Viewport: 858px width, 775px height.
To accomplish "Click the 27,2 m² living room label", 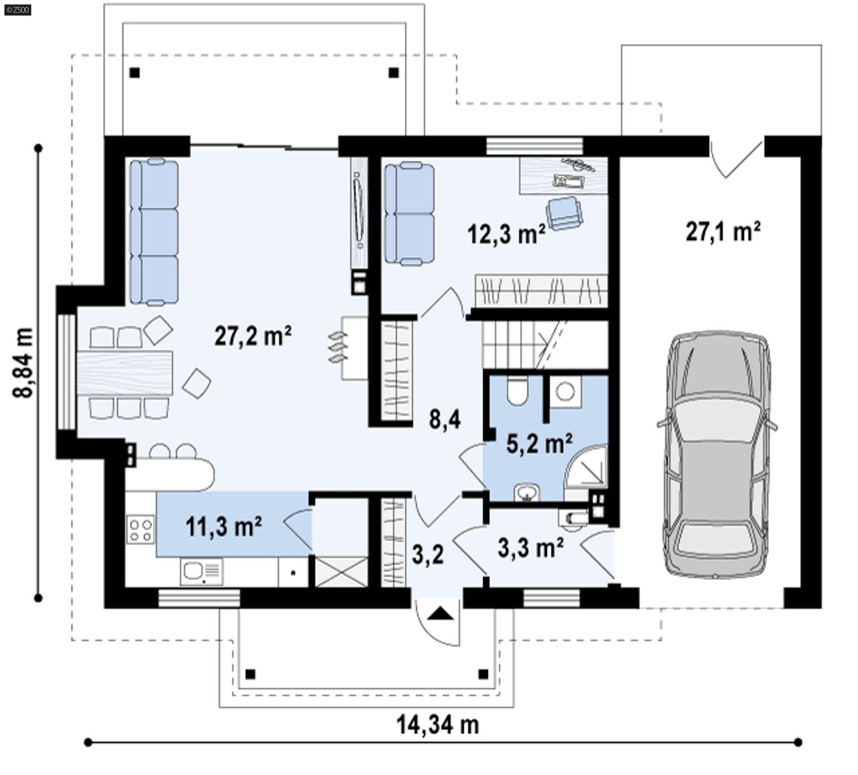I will tap(253, 336).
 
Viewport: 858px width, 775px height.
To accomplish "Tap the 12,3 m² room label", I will tap(506, 234).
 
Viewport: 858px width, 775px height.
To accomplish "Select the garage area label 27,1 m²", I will tap(723, 232).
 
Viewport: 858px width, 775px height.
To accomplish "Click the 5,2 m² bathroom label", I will tap(539, 444).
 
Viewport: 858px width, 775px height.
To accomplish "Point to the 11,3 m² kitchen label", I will tap(224, 526).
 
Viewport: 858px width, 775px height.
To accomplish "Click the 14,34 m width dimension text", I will tap(437, 725).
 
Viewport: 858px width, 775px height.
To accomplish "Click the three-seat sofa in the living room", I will tap(154, 232).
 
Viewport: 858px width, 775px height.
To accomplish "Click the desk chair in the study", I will tap(565, 212).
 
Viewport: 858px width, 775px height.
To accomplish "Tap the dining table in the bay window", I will tap(125, 373).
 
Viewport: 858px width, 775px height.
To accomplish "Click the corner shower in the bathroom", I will tap(589, 467).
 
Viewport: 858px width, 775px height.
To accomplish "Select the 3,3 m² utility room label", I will tap(530, 548).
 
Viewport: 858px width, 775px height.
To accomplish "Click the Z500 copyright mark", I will tap(17, 9).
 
